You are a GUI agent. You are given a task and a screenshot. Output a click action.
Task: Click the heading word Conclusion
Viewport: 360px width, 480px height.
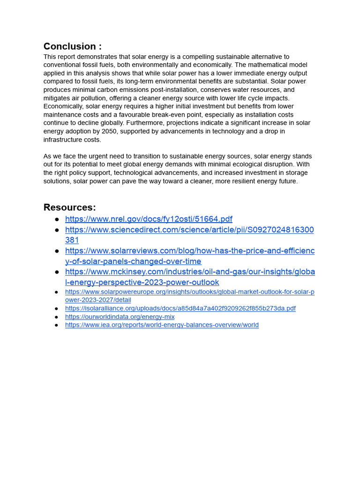tap(69, 46)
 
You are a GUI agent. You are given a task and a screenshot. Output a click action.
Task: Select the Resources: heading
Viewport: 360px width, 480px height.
tap(69, 208)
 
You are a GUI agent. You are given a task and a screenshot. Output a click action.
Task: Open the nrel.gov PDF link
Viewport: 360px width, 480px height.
tap(149, 219)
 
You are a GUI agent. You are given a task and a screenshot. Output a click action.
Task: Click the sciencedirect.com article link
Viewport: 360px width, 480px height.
tap(189, 230)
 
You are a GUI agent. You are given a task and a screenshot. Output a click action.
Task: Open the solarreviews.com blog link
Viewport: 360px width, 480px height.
tap(189, 251)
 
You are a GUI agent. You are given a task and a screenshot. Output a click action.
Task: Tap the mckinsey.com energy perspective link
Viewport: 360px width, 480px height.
tap(189, 272)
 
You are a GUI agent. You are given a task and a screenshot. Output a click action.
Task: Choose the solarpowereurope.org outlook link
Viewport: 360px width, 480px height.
tap(189, 292)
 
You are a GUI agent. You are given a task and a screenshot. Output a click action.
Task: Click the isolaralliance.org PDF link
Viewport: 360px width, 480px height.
tap(180, 308)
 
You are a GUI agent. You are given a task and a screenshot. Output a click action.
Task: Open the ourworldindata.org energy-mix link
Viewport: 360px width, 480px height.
tap(120, 317)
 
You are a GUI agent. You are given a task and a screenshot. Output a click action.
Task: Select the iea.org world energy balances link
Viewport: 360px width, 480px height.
tap(162, 325)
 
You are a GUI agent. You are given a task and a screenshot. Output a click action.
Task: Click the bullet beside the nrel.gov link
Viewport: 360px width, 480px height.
tap(57, 219)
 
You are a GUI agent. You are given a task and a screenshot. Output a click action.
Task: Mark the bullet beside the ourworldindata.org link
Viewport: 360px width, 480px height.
tap(57, 317)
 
